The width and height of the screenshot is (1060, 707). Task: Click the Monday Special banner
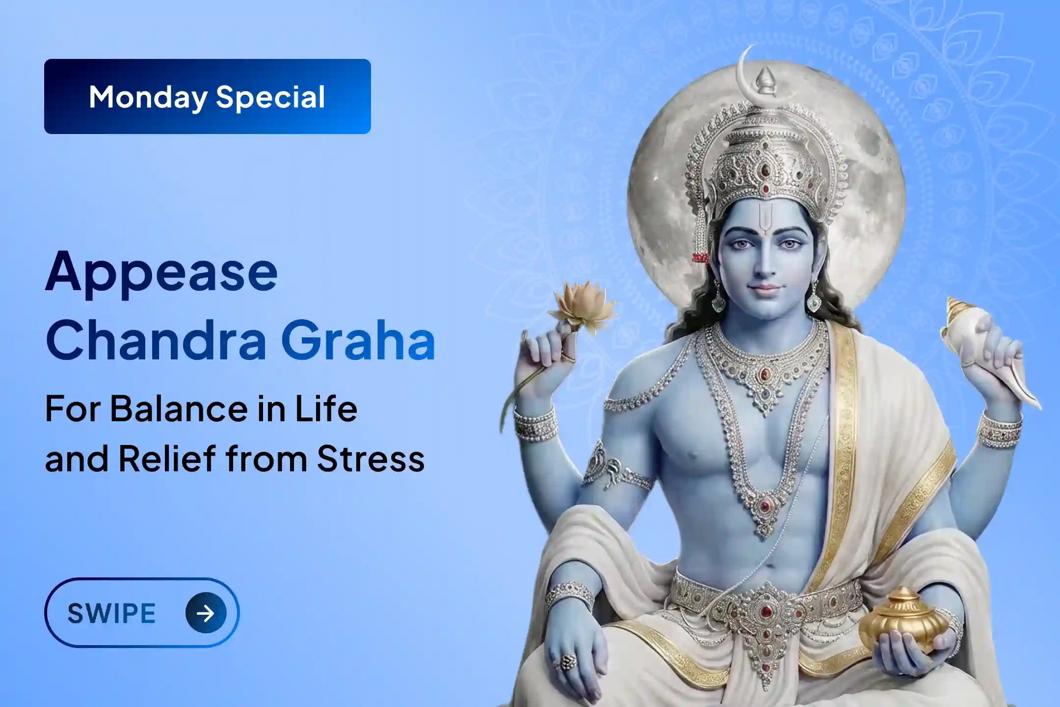pyautogui.click(x=207, y=96)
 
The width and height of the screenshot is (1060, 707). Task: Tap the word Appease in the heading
pyautogui.click(x=161, y=273)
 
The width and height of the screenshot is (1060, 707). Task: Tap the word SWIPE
pyautogui.click(x=111, y=613)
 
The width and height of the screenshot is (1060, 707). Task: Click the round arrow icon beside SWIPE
pyautogui.click(x=206, y=613)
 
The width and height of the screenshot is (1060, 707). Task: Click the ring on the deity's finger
pyautogui.click(x=568, y=661)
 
